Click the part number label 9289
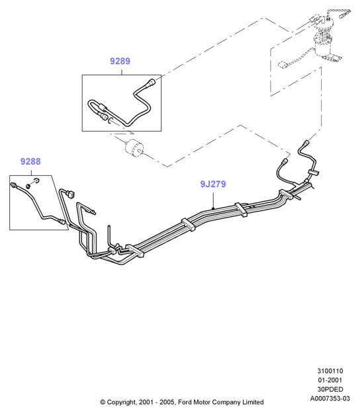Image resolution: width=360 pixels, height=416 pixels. [120, 61]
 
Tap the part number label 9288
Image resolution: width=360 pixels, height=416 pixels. [30, 161]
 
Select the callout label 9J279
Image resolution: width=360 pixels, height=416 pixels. [213, 184]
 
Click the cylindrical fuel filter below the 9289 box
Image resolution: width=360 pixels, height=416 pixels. [134, 147]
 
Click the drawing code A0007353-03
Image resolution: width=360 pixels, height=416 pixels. [330, 399]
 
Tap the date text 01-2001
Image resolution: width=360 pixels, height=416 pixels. [330, 380]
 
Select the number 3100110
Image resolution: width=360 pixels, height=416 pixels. [330, 371]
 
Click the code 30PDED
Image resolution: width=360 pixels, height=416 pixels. [330, 389]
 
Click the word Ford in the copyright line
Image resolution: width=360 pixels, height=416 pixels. [185, 402]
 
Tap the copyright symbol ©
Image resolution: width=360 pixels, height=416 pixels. [103, 403]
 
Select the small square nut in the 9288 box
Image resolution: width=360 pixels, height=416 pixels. [36, 180]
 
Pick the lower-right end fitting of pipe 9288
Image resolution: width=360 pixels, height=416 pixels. [62, 222]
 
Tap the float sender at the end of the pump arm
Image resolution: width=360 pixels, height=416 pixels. [282, 65]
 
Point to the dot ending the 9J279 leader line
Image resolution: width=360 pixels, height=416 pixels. [213, 208]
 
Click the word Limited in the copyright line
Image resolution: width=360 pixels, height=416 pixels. [253, 402]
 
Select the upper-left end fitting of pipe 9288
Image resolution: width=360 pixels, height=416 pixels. [13, 185]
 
